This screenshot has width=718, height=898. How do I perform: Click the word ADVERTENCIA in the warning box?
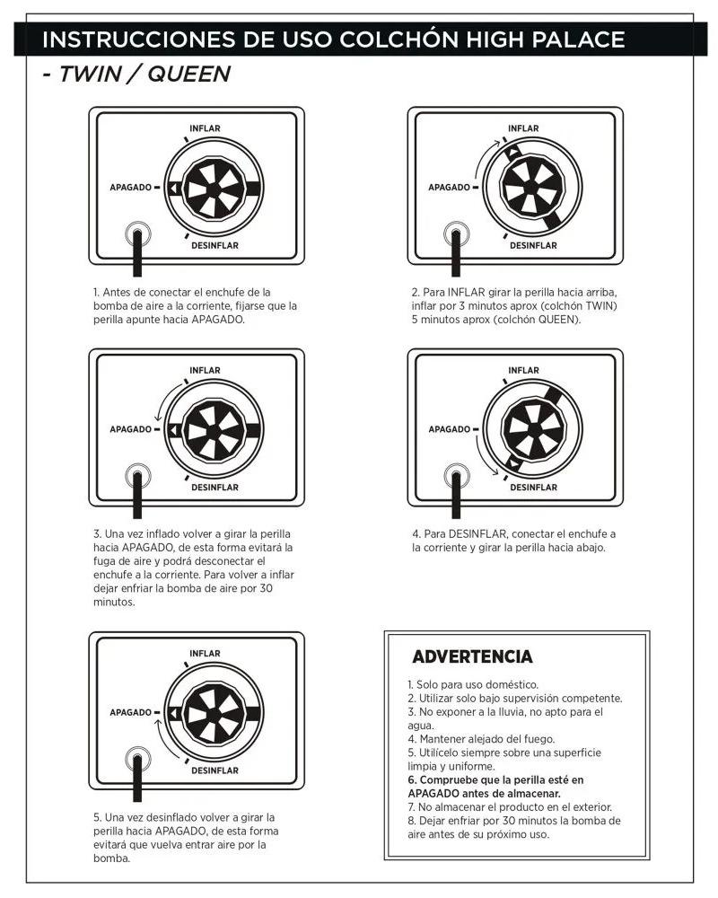point(472,656)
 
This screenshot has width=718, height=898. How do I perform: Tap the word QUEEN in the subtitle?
point(189,74)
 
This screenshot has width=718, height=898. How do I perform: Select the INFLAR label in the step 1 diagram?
point(205,128)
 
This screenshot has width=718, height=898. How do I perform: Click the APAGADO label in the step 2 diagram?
point(449,188)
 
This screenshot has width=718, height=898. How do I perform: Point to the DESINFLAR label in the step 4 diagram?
point(534,488)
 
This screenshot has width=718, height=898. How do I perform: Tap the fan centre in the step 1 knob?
point(214,189)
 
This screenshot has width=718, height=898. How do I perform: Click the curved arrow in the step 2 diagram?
point(483,155)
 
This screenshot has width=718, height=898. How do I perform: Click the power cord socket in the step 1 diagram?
point(137,233)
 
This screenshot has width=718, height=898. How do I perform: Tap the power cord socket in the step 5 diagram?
point(137,759)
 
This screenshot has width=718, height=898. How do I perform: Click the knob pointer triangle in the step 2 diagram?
point(513,152)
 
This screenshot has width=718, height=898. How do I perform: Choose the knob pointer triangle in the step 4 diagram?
point(513,462)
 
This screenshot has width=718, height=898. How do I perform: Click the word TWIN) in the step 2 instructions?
point(601,306)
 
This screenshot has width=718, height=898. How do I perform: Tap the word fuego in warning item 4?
point(540,739)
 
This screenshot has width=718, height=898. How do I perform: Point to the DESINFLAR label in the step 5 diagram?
point(215,770)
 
